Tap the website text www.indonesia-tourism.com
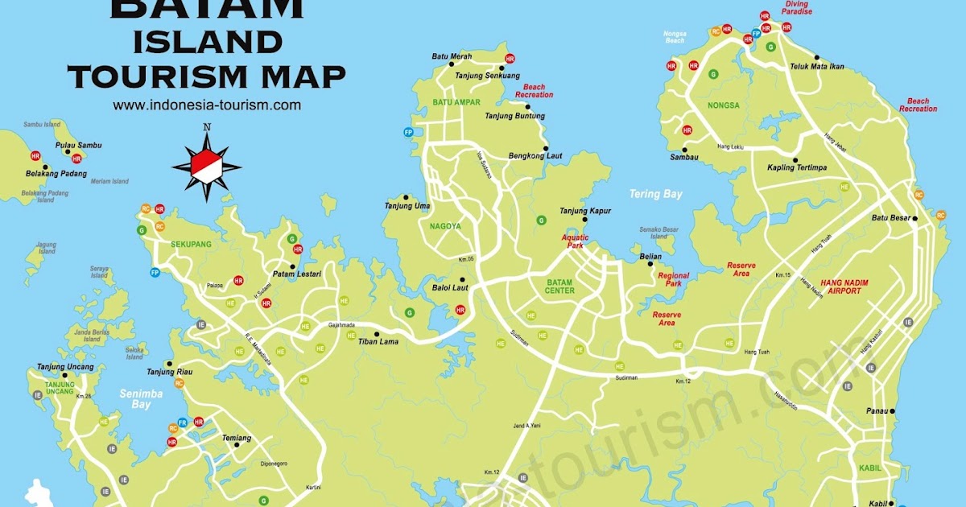click(x=207, y=105)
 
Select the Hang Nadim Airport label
click(x=852, y=286)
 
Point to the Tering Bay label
click(x=655, y=194)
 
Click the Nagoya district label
click(x=445, y=227)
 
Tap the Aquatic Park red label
click(x=576, y=241)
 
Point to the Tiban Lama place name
click(x=378, y=341)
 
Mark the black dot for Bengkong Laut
click(x=547, y=148)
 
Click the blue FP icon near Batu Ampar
click(x=409, y=132)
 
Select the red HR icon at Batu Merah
click(x=510, y=59)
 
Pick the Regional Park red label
click(x=674, y=279)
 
